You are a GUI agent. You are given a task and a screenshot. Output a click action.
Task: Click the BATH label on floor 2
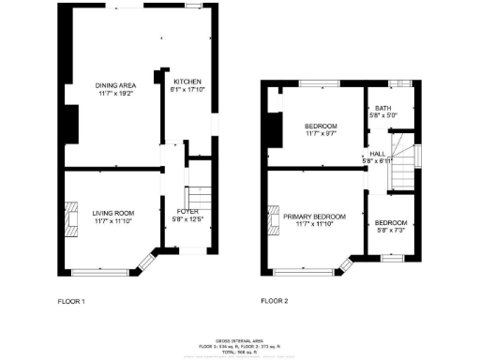(x=382, y=109)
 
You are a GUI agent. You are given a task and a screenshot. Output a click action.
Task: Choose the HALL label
(x=377, y=154)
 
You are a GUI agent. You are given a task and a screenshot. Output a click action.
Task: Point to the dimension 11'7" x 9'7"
(x=321, y=133)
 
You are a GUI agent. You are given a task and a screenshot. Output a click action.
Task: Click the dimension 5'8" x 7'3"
(x=391, y=230)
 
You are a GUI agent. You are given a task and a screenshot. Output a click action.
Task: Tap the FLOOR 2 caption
(x=275, y=302)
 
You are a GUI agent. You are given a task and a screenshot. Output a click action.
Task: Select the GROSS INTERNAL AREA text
(x=240, y=341)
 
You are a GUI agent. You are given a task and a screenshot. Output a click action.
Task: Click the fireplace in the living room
(x=70, y=216)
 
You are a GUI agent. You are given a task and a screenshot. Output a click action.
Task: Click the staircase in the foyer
(x=197, y=198)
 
